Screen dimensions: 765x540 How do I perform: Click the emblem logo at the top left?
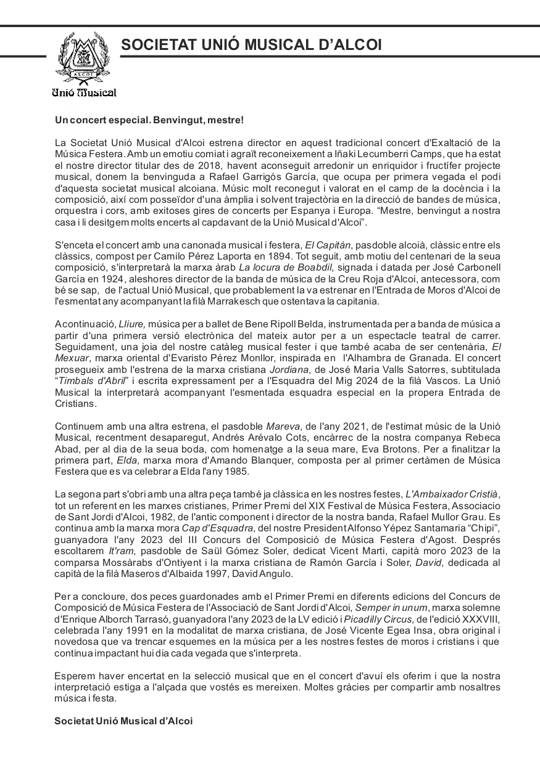click(84, 58)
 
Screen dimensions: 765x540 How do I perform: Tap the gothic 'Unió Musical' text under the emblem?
click(84, 92)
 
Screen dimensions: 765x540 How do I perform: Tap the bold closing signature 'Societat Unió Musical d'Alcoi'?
click(123, 721)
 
